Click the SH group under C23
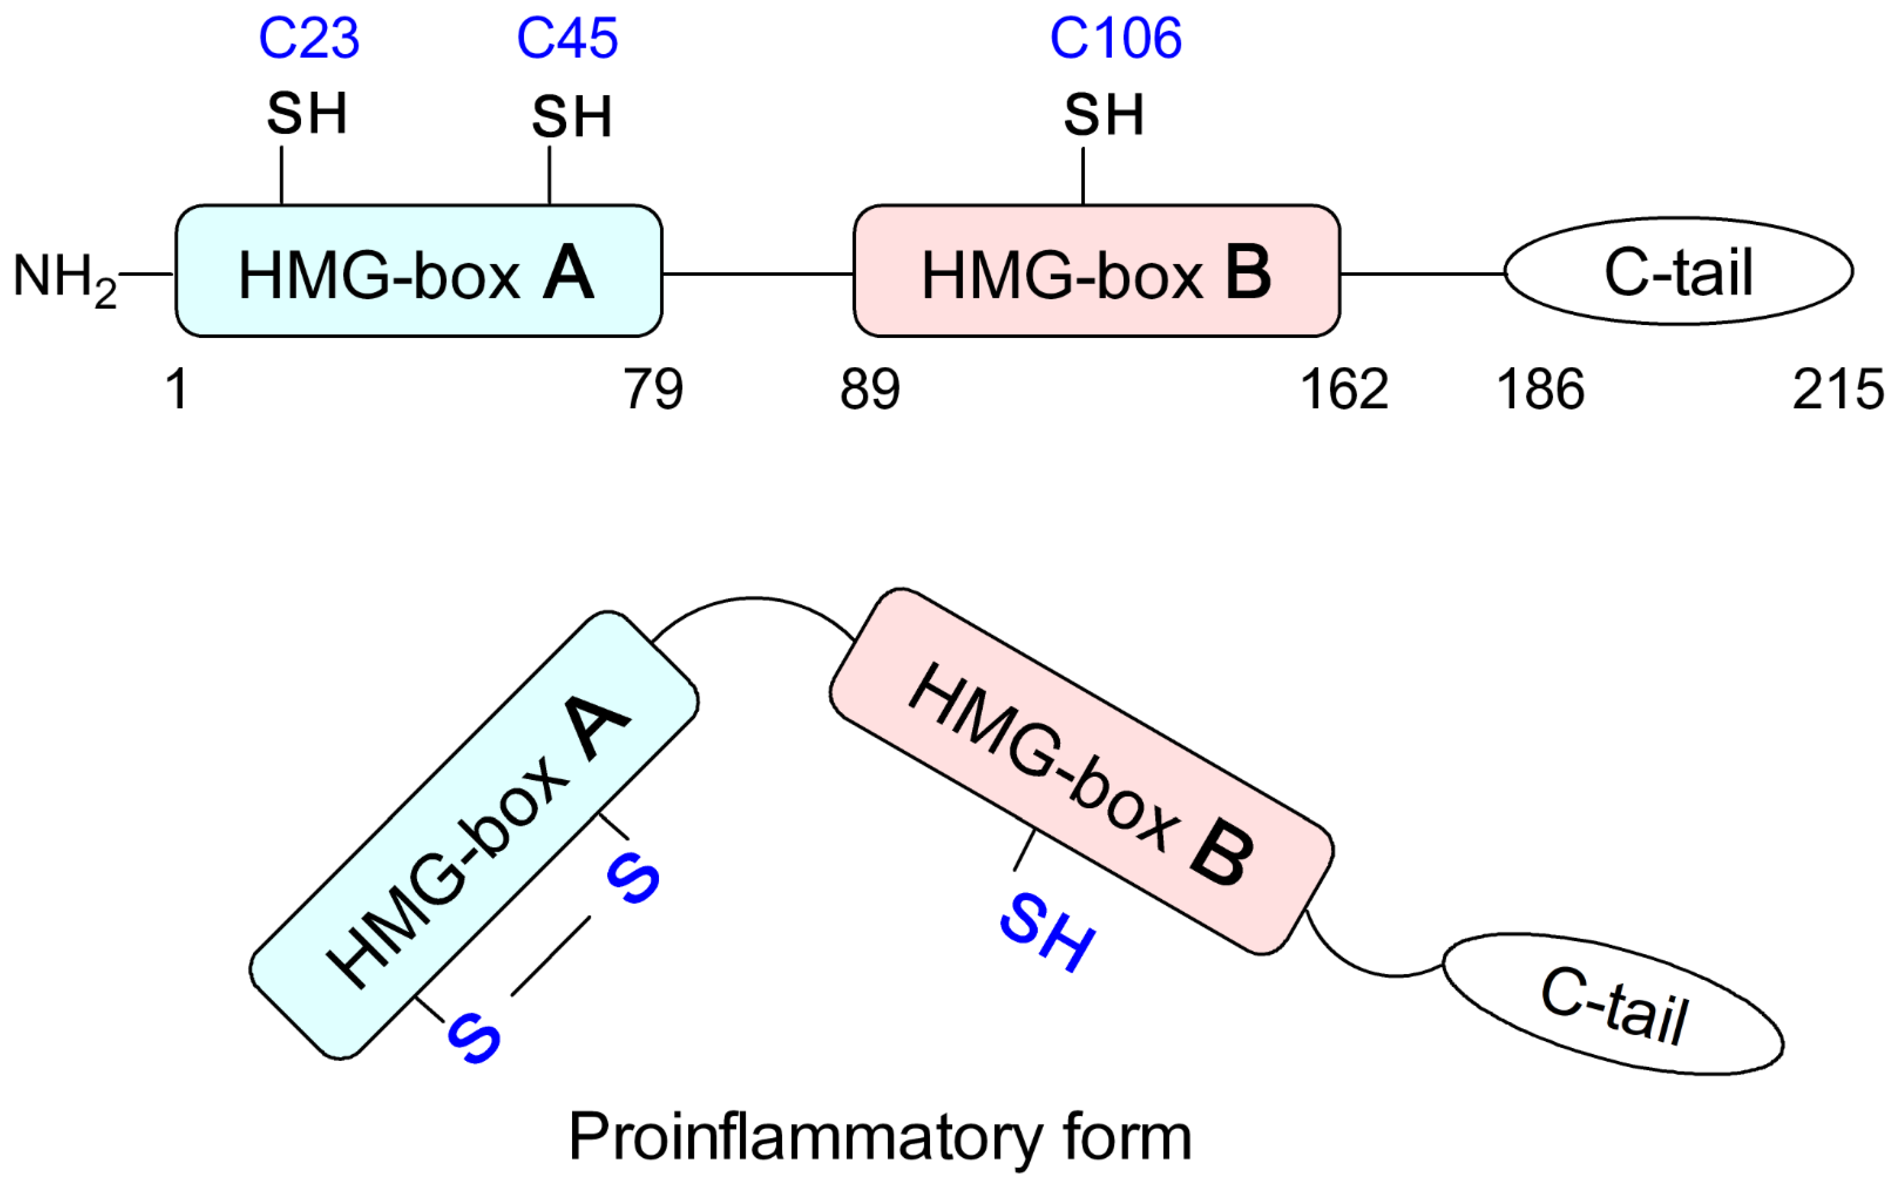[x=306, y=114]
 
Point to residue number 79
[x=653, y=390]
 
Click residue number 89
[x=869, y=390]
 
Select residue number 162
[x=1343, y=390]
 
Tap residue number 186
[x=1539, y=390]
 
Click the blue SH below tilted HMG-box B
[x=1047, y=932]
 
